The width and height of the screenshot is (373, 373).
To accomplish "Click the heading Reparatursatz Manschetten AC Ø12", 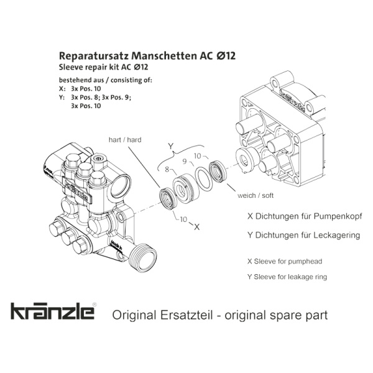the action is point(147,56).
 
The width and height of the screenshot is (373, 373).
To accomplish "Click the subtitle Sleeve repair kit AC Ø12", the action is point(103,67).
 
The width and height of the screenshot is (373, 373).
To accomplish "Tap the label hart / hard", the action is point(125,140).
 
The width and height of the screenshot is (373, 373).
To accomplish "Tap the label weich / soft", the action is point(256,195).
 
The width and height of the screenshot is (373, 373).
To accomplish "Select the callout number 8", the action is point(167,169).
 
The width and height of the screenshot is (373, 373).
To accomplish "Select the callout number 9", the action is point(185,162).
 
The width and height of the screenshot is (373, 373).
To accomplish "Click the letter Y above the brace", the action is point(170,146).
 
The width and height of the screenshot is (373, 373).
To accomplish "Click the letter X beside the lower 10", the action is point(196,228).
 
